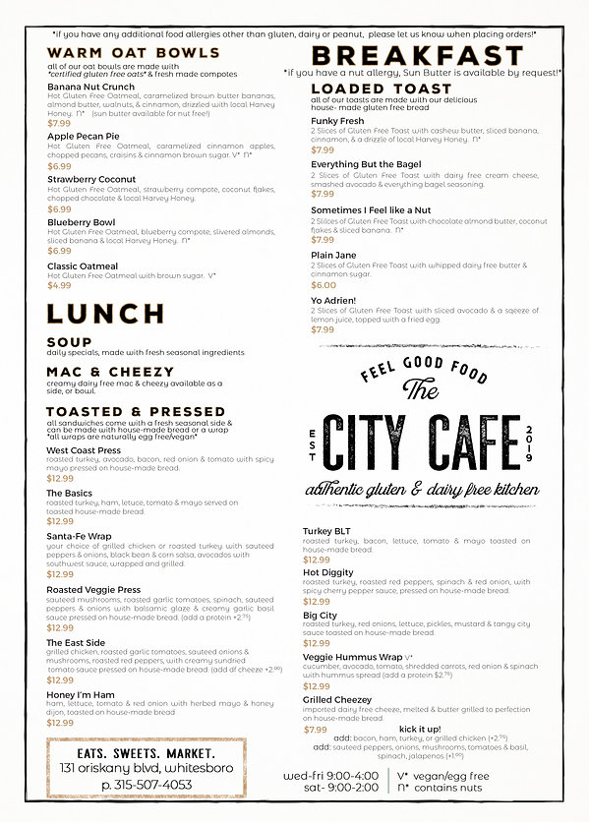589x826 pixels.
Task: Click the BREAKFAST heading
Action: (417, 56)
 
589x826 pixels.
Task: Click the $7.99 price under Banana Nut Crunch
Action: (59, 123)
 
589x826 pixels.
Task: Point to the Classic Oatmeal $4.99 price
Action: (59, 285)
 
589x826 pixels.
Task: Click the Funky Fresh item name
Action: (337, 120)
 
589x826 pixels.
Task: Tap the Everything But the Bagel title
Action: (366, 164)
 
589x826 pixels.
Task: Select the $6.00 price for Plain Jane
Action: (324, 285)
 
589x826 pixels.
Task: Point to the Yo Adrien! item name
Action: (333, 300)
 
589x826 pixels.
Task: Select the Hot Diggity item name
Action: (327, 572)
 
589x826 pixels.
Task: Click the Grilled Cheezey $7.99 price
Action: (315, 730)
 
